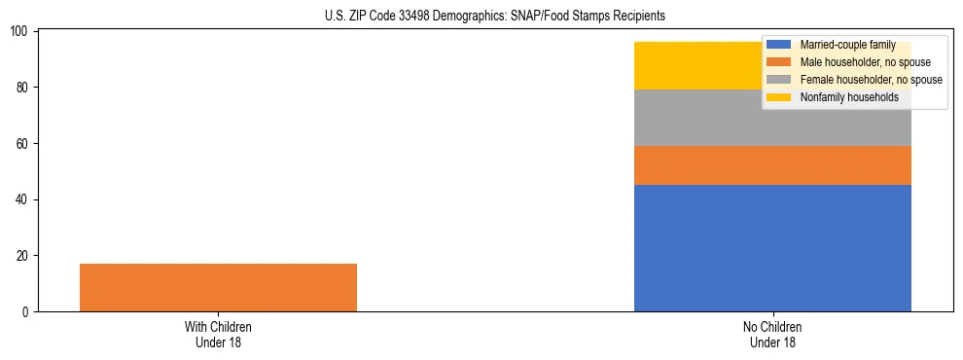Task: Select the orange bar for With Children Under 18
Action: [218, 287]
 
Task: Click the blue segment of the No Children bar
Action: [772, 248]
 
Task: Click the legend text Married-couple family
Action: [847, 45]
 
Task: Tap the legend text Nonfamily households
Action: [848, 97]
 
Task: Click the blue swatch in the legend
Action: [779, 45]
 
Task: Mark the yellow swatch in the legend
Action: [779, 97]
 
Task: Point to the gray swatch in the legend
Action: [779, 80]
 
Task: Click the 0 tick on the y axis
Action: [27, 312]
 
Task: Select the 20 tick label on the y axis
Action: [24, 256]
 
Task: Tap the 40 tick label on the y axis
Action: [24, 199]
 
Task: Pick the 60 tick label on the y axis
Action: [24, 144]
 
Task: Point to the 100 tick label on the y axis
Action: [21, 32]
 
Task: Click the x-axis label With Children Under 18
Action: [218, 335]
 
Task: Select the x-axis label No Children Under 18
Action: [772, 335]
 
